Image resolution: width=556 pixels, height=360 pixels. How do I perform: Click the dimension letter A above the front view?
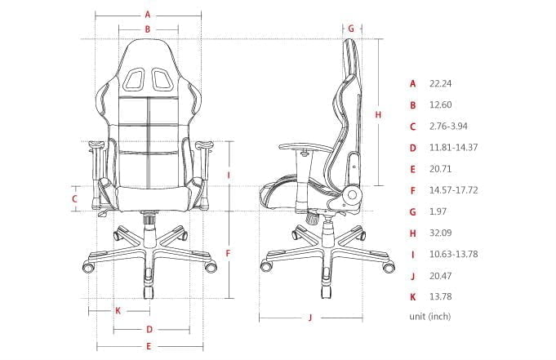click(x=148, y=14)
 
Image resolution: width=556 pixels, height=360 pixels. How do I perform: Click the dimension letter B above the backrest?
click(x=148, y=29)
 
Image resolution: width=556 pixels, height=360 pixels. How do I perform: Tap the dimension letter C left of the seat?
click(x=74, y=198)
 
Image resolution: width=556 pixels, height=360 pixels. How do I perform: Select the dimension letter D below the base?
click(x=149, y=330)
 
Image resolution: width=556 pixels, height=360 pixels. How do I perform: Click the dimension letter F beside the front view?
click(x=228, y=253)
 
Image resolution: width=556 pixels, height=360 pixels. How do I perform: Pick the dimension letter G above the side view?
click(x=350, y=28)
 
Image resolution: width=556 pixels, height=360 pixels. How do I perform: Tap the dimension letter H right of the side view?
click(x=378, y=115)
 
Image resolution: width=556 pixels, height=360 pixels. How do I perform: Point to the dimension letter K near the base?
click(x=118, y=310)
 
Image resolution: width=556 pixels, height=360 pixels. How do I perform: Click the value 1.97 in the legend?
click(x=438, y=211)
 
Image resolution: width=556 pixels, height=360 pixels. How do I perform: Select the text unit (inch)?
click(x=429, y=316)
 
